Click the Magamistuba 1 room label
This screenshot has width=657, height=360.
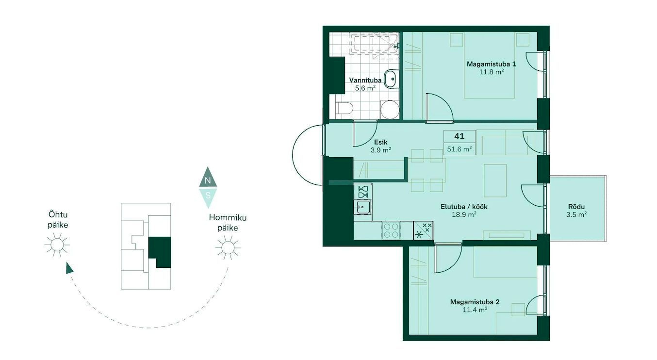pos(491,64)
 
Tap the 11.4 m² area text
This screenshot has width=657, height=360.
pos(475,310)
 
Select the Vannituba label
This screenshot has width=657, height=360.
pos(365,80)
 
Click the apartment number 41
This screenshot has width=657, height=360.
pos(460,136)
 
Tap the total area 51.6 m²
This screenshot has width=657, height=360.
pos(460,149)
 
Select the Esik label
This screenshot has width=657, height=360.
pos(381,142)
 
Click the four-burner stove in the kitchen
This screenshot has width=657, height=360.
pos(391,231)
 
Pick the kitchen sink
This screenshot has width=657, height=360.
pos(363,207)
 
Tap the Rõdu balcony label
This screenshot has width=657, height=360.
pos(576,207)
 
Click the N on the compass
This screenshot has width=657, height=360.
pos(208,180)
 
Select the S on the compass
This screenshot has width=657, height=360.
pos(208,195)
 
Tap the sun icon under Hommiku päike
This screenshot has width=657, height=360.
pos(228,247)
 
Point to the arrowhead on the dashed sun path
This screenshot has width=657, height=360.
pos(69,268)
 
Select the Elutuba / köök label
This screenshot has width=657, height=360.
pos(464,207)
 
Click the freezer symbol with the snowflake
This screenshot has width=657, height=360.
pos(423,231)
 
